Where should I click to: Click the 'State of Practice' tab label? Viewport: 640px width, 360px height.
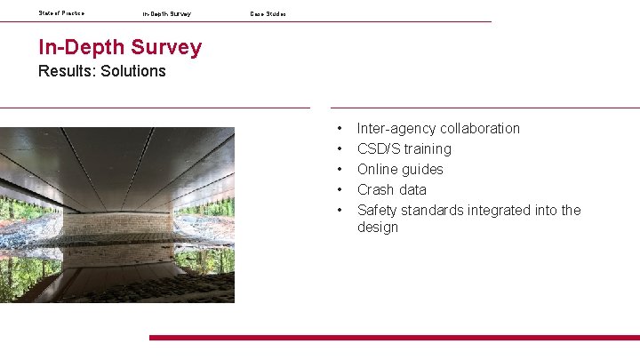pyautogui.click(x=61, y=13)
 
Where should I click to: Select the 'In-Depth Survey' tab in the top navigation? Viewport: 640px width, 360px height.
pyautogui.click(x=166, y=14)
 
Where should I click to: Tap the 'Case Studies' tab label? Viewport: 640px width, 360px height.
pyautogui.click(x=268, y=14)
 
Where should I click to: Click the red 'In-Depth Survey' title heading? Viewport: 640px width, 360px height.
pyautogui.click(x=120, y=47)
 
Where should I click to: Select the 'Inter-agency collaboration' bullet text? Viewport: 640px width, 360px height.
pyautogui.click(x=438, y=128)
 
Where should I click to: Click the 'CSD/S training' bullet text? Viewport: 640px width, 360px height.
pyautogui.click(x=404, y=148)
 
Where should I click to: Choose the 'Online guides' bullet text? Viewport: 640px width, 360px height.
pyautogui.click(x=400, y=169)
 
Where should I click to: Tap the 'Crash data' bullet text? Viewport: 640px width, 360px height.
pyautogui.click(x=391, y=189)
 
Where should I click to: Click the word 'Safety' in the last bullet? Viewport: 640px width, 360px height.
pyautogui.click(x=377, y=210)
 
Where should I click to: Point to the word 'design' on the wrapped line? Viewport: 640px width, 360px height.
pyautogui.click(x=378, y=228)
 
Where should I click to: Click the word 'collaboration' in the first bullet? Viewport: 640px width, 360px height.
pyautogui.click(x=478, y=128)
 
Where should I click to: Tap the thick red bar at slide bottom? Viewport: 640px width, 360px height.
pyautogui.click(x=394, y=338)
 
